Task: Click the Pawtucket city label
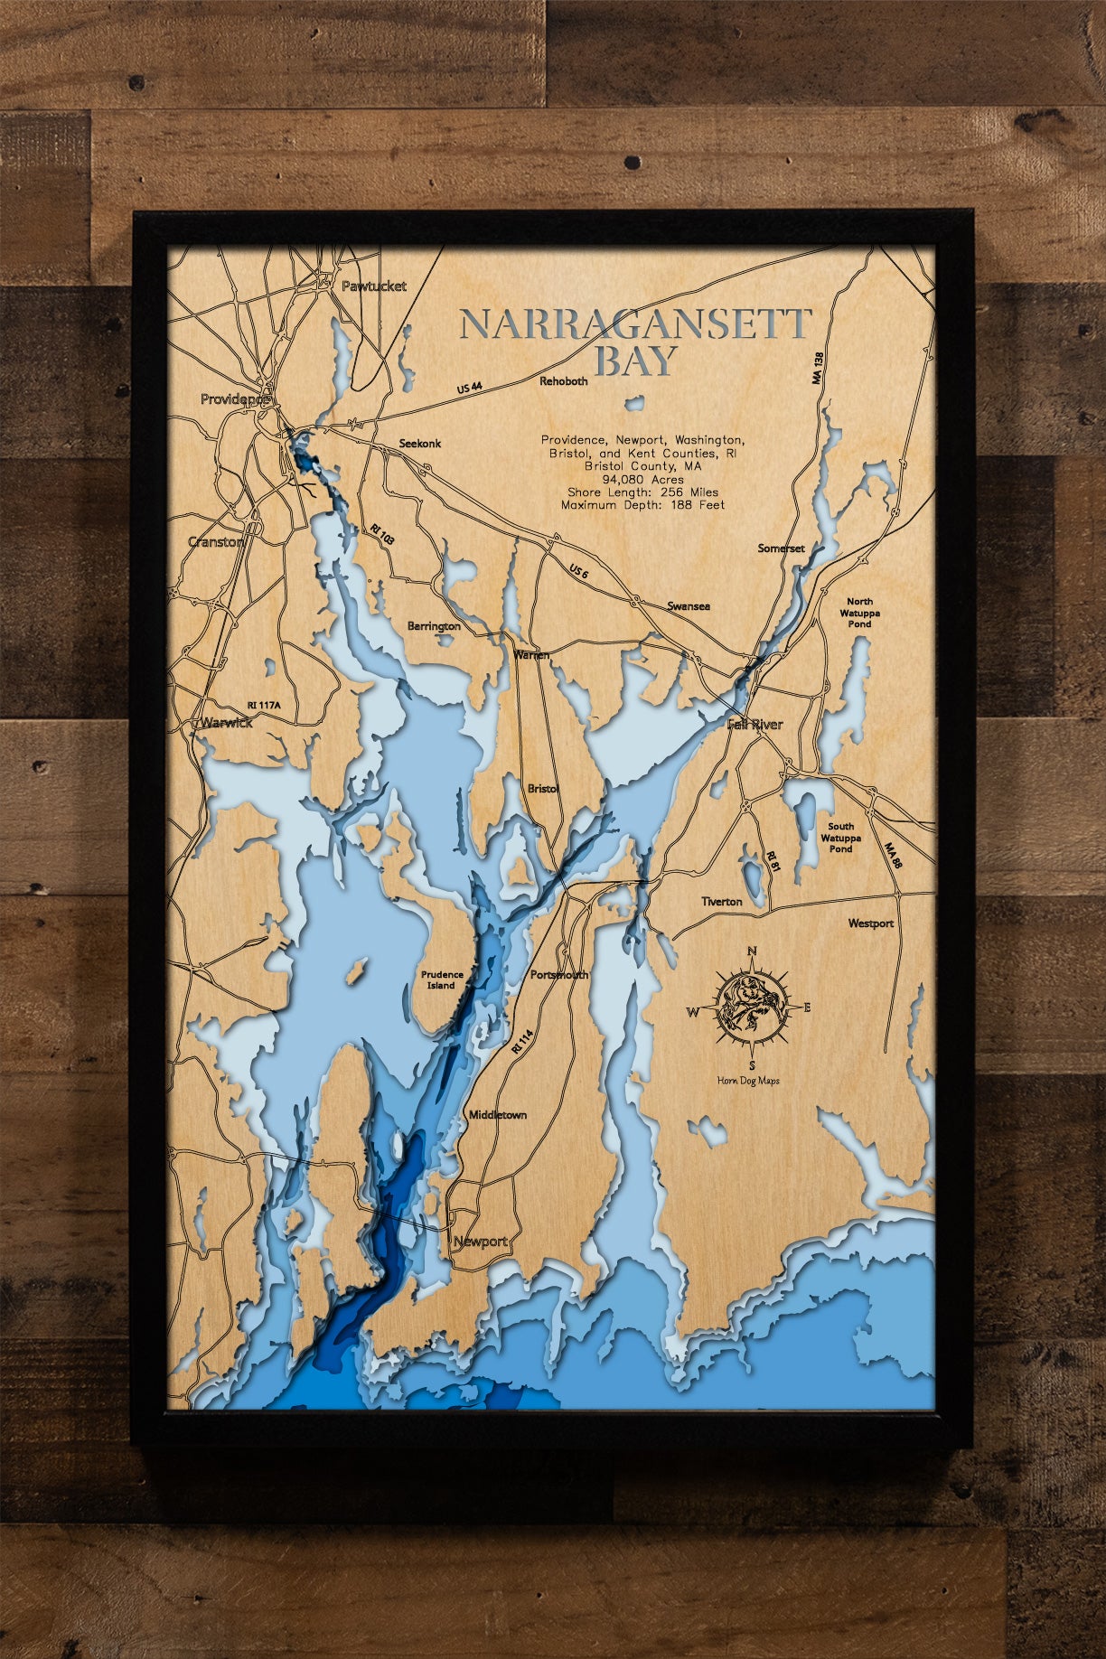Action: [x=374, y=286]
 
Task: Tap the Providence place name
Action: [x=234, y=398]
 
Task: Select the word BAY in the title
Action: [x=636, y=361]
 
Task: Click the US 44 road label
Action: [x=470, y=388]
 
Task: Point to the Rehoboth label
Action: [x=564, y=381]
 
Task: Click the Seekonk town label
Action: [x=420, y=444]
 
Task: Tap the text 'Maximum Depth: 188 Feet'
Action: [x=642, y=505]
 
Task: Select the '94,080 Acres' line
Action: [x=642, y=479]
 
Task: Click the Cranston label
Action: [x=215, y=542]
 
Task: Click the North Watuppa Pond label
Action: [x=859, y=613]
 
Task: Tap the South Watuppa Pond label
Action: [x=840, y=838]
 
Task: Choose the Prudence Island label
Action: [x=442, y=980]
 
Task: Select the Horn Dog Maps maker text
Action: [x=748, y=1081]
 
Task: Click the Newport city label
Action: [x=480, y=1242]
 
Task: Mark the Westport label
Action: [x=870, y=923]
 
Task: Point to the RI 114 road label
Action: [x=522, y=1042]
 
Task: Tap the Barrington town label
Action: [x=434, y=626]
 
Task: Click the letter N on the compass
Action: [x=752, y=951]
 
